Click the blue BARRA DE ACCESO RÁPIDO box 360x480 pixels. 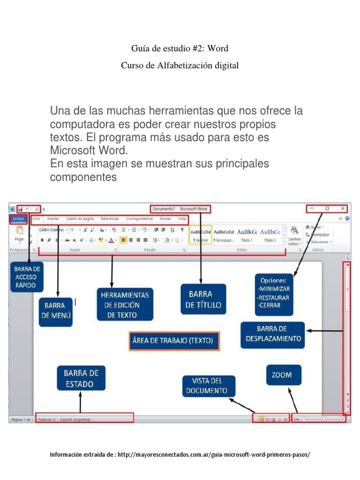(x=28, y=277)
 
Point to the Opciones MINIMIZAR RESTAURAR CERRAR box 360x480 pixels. (x=274, y=293)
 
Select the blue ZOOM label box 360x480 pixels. (x=282, y=375)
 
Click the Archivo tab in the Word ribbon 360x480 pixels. (x=18, y=219)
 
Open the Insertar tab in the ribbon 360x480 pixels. (x=53, y=219)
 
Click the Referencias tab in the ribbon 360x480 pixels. (x=109, y=219)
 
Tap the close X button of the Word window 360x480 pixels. (x=343, y=209)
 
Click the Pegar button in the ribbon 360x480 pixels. (x=19, y=233)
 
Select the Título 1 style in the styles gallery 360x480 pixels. (x=247, y=234)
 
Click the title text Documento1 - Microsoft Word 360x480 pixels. (x=180, y=209)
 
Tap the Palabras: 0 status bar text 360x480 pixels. (x=47, y=420)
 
